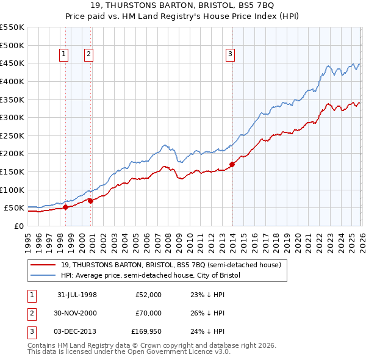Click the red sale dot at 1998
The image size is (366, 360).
pos(65,207)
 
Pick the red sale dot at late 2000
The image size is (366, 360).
pos(91,201)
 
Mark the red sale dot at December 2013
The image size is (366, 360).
pos(232,165)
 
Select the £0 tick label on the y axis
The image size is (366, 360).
pos(18,226)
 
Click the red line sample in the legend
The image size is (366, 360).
pos(43,265)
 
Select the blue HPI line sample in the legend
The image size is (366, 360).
pos(43,276)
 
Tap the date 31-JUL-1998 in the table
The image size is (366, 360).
pos(77,295)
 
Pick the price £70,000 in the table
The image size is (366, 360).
pos(148,313)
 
